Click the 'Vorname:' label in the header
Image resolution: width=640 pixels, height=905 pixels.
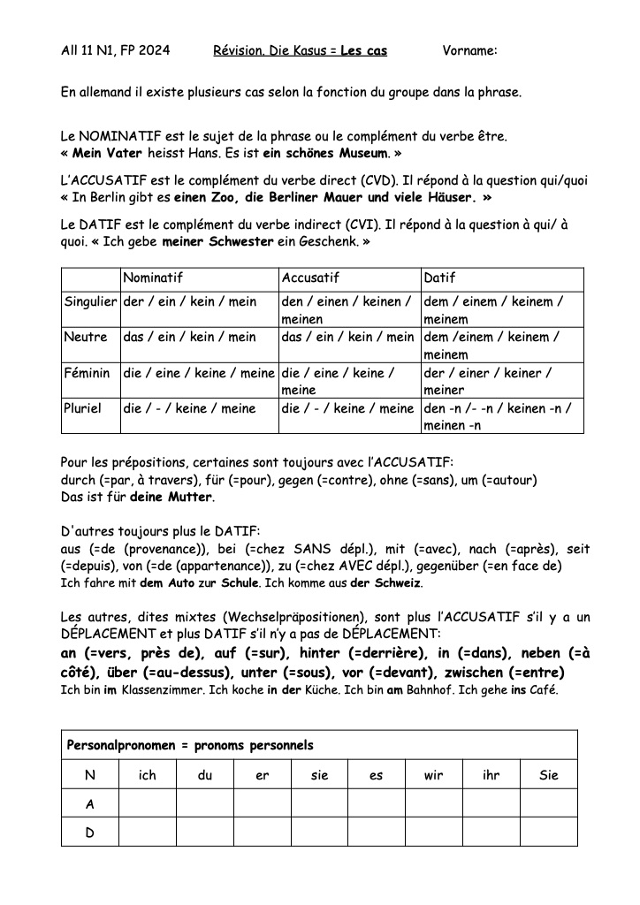tap(469, 51)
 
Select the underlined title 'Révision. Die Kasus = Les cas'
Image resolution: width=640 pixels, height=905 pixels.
tap(301, 51)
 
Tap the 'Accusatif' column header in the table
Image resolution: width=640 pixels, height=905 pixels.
tap(310, 278)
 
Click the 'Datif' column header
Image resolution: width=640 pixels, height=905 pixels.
tap(440, 278)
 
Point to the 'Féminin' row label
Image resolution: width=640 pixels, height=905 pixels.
tap(87, 373)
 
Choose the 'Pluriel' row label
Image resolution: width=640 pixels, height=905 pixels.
tap(85, 408)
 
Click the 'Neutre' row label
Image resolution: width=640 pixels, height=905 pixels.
tap(85, 337)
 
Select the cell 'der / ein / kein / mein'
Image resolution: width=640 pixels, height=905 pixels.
tap(190, 301)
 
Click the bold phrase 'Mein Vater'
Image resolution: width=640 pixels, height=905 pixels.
tap(103, 152)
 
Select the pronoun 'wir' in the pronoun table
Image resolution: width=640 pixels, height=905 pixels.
tap(433, 775)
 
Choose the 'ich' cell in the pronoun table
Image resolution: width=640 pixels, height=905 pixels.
tap(147, 775)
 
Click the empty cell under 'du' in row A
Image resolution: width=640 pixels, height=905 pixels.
tap(204, 803)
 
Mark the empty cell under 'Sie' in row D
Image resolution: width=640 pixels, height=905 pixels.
tap(548, 832)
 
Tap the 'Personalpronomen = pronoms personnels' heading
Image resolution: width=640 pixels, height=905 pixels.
tap(190, 745)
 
